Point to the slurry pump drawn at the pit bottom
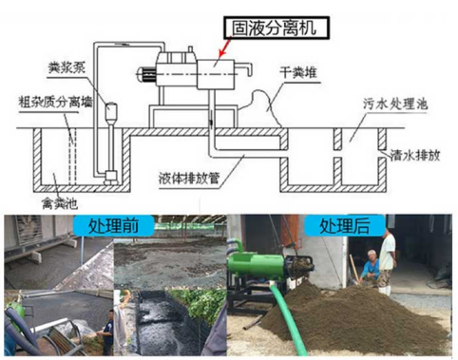coord(111,176)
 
